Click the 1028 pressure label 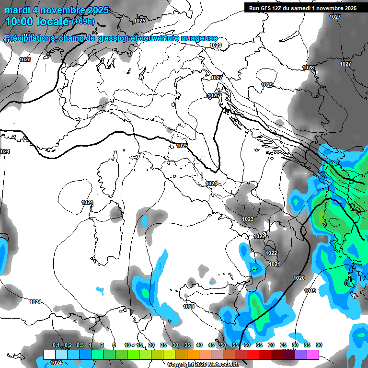coord(308,68)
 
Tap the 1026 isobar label coord(213,96)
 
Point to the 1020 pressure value coord(299,278)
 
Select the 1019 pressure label coord(310,291)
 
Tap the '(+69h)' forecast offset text coord(83,22)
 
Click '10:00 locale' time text coord(37,22)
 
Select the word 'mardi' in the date coord(18,10)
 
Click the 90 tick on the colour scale coord(319,345)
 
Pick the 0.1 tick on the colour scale coord(56,345)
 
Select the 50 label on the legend coord(223,345)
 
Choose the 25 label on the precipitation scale coord(163,345)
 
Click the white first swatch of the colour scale coord(49,355)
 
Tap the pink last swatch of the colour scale coord(313,355)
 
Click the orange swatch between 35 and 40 coord(193,355)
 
